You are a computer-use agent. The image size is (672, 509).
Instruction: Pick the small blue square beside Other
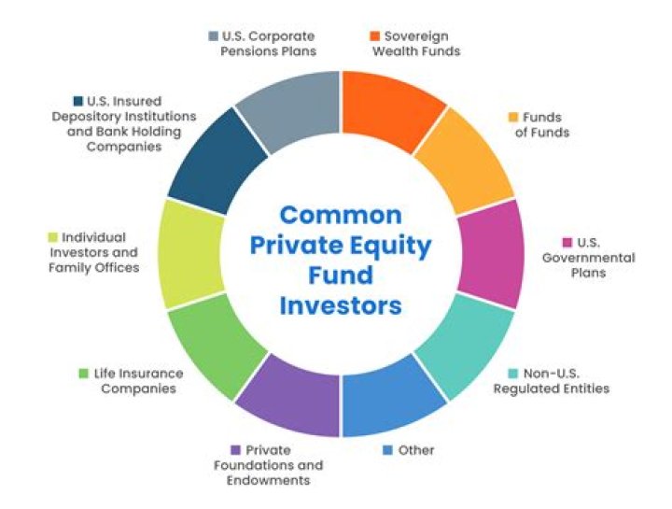click(387, 450)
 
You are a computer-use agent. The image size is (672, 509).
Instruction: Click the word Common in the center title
click(341, 215)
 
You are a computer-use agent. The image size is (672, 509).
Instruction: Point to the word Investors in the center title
click(342, 305)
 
